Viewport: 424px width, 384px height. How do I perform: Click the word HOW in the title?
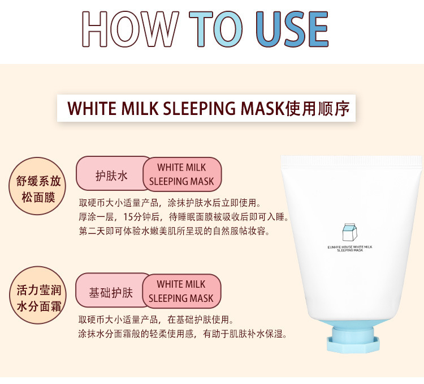click(x=131, y=29)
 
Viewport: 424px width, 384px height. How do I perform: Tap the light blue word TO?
click(x=215, y=29)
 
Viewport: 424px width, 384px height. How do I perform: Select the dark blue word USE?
click(x=292, y=29)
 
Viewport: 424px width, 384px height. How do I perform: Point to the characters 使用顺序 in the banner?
click(x=318, y=108)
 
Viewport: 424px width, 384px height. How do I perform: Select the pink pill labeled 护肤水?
click(x=111, y=174)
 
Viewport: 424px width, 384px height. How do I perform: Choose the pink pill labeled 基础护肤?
click(x=111, y=290)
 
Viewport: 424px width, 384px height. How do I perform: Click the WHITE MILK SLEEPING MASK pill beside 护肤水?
click(x=182, y=174)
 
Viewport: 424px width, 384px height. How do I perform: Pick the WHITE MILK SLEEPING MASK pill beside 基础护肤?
click(x=181, y=291)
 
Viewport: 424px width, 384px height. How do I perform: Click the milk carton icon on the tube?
click(x=350, y=232)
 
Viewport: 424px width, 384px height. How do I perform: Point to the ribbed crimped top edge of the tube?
click(x=352, y=161)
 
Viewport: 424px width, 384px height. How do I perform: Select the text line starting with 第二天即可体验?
click(x=174, y=231)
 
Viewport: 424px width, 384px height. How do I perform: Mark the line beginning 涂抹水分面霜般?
click(x=183, y=334)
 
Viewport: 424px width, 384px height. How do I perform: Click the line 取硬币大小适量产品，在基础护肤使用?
click(x=156, y=319)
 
